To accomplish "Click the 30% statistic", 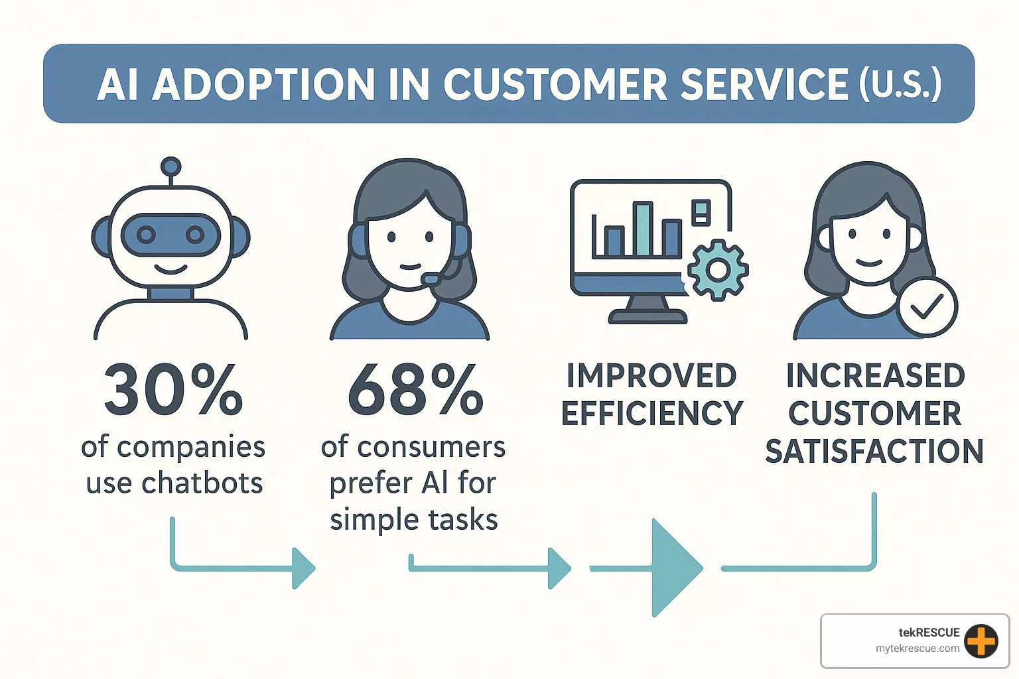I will pyautogui.click(x=174, y=390).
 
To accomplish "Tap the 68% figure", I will pyautogui.click(x=415, y=390).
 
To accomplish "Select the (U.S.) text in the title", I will pyautogui.click(x=900, y=85).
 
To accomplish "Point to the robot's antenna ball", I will pyautogui.click(x=171, y=166).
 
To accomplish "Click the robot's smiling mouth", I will pyautogui.click(x=170, y=269).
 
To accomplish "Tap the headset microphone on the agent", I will pyautogui.click(x=431, y=280).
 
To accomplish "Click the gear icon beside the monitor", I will pyautogui.click(x=717, y=270).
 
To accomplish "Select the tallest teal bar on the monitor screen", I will pyautogui.click(x=642, y=229).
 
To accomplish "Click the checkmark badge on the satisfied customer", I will pyautogui.click(x=927, y=306).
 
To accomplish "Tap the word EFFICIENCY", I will pyautogui.click(x=651, y=414).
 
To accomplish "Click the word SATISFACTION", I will pyautogui.click(x=874, y=452).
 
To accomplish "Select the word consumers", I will pyautogui.click(x=431, y=448).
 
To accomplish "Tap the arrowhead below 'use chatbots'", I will pyautogui.click(x=303, y=568).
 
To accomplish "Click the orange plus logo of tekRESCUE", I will pyautogui.click(x=981, y=641).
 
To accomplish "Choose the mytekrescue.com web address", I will pyautogui.click(x=917, y=648).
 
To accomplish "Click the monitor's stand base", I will pyautogui.click(x=647, y=317).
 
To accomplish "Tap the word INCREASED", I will pyautogui.click(x=875, y=376).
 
